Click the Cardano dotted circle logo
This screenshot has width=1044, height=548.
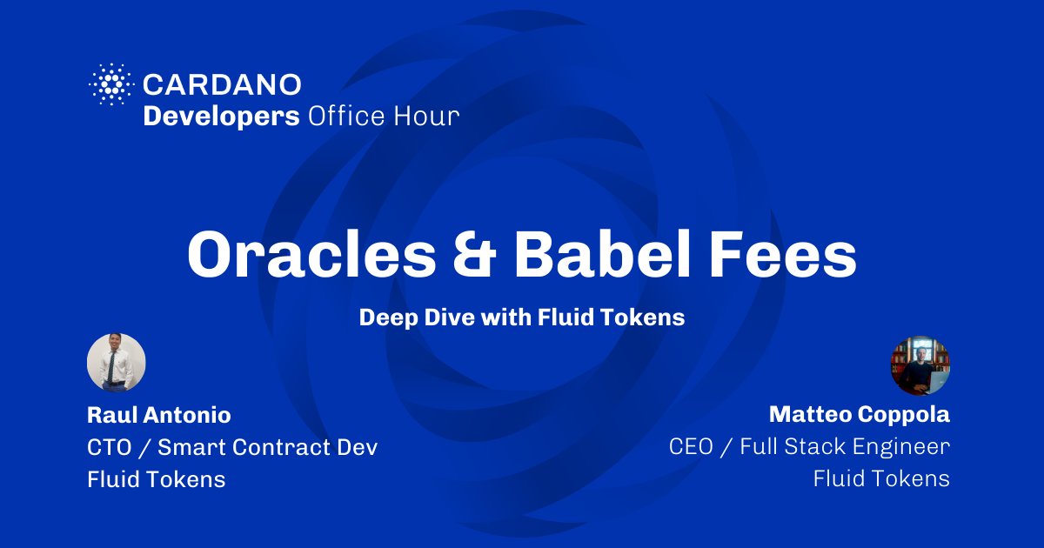tap(111, 84)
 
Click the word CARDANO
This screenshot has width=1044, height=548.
tap(222, 85)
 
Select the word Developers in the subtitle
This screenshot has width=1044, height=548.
tap(221, 117)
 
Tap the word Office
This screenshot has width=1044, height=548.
tap(346, 116)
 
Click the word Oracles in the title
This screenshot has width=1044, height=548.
tap(311, 256)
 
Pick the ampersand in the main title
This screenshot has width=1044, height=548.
tap(474, 256)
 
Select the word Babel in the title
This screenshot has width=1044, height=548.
tap(602, 254)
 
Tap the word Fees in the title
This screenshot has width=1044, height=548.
tap(783, 255)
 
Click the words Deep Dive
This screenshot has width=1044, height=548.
tap(417, 317)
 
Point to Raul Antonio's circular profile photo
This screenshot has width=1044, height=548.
tap(117, 363)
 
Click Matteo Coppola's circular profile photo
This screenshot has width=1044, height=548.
tap(920, 366)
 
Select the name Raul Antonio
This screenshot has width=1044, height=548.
tap(159, 415)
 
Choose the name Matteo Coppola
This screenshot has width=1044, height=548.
tap(860, 414)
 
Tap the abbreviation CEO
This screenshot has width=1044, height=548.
tap(691, 446)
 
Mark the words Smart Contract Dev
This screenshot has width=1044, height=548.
tap(268, 447)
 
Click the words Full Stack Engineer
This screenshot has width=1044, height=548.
tap(845, 447)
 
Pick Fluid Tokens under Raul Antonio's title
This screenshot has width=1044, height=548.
tap(156, 479)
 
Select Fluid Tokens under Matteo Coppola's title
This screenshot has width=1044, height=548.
tap(882, 478)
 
